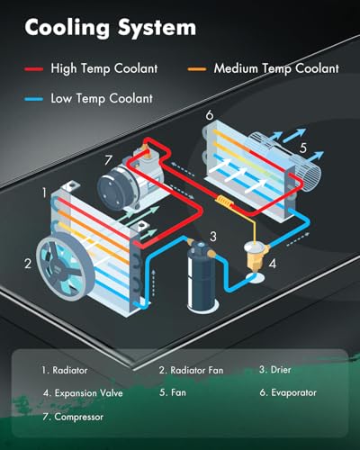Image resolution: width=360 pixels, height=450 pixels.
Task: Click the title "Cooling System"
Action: point(111,28)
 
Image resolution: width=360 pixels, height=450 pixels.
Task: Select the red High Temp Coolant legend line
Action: point(34,69)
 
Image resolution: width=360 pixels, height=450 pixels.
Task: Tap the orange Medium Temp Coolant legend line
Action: point(197,69)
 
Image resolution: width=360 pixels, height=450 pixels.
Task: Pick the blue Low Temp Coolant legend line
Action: point(34,99)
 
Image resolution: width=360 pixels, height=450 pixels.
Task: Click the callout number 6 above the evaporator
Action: point(210,114)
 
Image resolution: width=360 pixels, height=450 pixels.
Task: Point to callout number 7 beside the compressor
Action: point(108,160)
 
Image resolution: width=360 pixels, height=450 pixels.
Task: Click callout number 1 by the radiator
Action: point(44,193)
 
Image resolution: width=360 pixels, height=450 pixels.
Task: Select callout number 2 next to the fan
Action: point(28,264)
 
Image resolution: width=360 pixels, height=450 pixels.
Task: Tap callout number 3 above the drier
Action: point(212,237)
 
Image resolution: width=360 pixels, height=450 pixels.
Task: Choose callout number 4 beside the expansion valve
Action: point(273,264)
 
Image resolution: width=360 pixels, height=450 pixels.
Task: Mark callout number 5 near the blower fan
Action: point(303,148)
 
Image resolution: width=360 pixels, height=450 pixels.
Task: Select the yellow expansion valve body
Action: point(255,258)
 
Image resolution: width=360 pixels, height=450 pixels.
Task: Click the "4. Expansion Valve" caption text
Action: point(83,393)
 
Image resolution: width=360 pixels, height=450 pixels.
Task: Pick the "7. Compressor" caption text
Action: point(73,417)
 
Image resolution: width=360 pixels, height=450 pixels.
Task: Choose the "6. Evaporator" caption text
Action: point(288,392)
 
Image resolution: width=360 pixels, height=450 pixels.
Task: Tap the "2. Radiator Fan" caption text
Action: point(192,370)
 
